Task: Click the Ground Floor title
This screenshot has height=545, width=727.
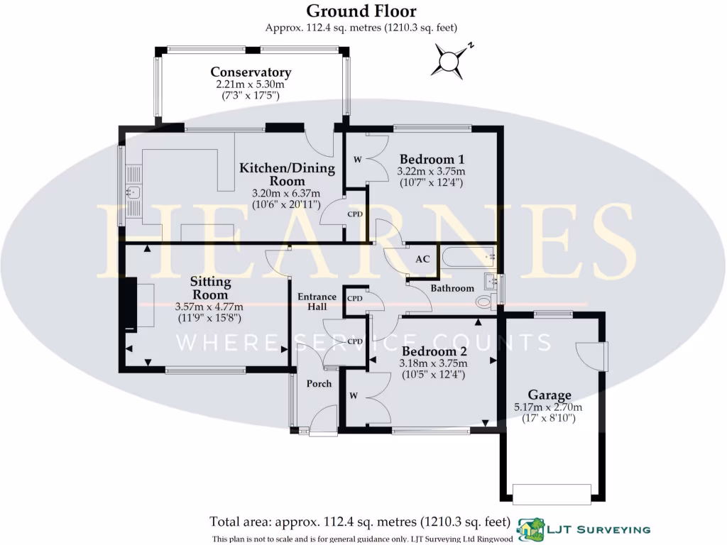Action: pos(361,11)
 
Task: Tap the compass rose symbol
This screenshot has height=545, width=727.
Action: pos(449,61)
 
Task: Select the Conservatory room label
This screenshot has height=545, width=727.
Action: pos(251,72)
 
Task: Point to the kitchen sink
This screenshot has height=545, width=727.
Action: pos(133,191)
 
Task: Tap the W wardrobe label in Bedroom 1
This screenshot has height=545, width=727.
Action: pos(357,160)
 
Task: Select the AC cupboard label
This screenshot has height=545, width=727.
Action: pos(422,259)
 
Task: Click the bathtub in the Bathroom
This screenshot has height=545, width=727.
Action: pos(469,257)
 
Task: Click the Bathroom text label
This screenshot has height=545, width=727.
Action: pos(452,289)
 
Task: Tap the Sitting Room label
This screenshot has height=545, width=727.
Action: pos(210,288)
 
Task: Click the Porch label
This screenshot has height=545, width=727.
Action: pos(319,384)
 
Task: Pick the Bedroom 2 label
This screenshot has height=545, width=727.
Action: pos(434,351)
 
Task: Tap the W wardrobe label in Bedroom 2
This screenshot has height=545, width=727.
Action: pos(352,394)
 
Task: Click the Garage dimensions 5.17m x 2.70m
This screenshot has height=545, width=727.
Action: pos(548,407)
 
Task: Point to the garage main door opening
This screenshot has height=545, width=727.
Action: pos(552,492)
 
